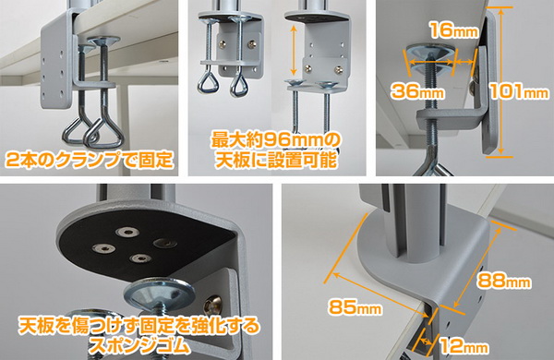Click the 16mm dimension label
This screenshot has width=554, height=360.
[453, 30]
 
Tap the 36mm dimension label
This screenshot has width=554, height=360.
[417, 91]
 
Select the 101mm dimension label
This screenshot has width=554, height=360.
[519, 91]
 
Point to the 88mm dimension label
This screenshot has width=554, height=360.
[504, 281]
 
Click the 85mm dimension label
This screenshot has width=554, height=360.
[355, 306]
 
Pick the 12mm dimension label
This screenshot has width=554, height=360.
[463, 346]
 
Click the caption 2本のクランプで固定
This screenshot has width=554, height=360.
[90, 160]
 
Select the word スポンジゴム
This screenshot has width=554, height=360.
[139, 345]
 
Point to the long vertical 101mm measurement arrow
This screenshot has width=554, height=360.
[501, 82]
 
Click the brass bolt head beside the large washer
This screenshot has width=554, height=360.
[213, 305]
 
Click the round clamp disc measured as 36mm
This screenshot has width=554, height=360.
[429, 58]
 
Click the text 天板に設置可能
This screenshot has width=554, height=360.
[275, 160]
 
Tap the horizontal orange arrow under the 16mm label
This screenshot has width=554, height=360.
[464, 62]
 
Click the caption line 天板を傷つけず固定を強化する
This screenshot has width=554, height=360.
[139, 326]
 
